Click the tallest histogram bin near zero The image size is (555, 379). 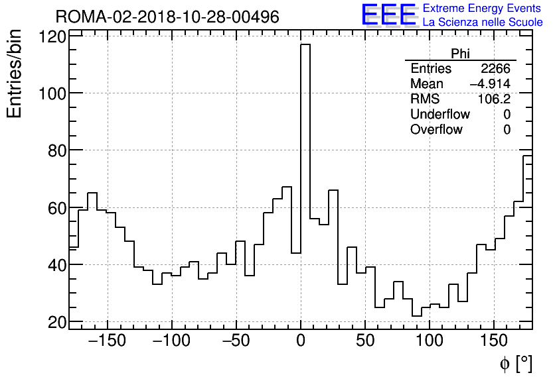305,186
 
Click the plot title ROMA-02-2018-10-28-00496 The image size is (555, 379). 167,17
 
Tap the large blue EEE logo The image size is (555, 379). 388,15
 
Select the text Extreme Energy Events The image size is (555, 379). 482,9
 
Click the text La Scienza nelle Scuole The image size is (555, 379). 483,23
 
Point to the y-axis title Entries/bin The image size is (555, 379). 15,74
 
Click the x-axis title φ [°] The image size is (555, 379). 515,363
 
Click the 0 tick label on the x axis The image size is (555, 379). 301,343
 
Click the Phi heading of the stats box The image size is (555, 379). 460,54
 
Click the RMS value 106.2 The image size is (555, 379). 495,99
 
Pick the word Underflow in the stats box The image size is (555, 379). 439,115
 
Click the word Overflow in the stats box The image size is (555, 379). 436,130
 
